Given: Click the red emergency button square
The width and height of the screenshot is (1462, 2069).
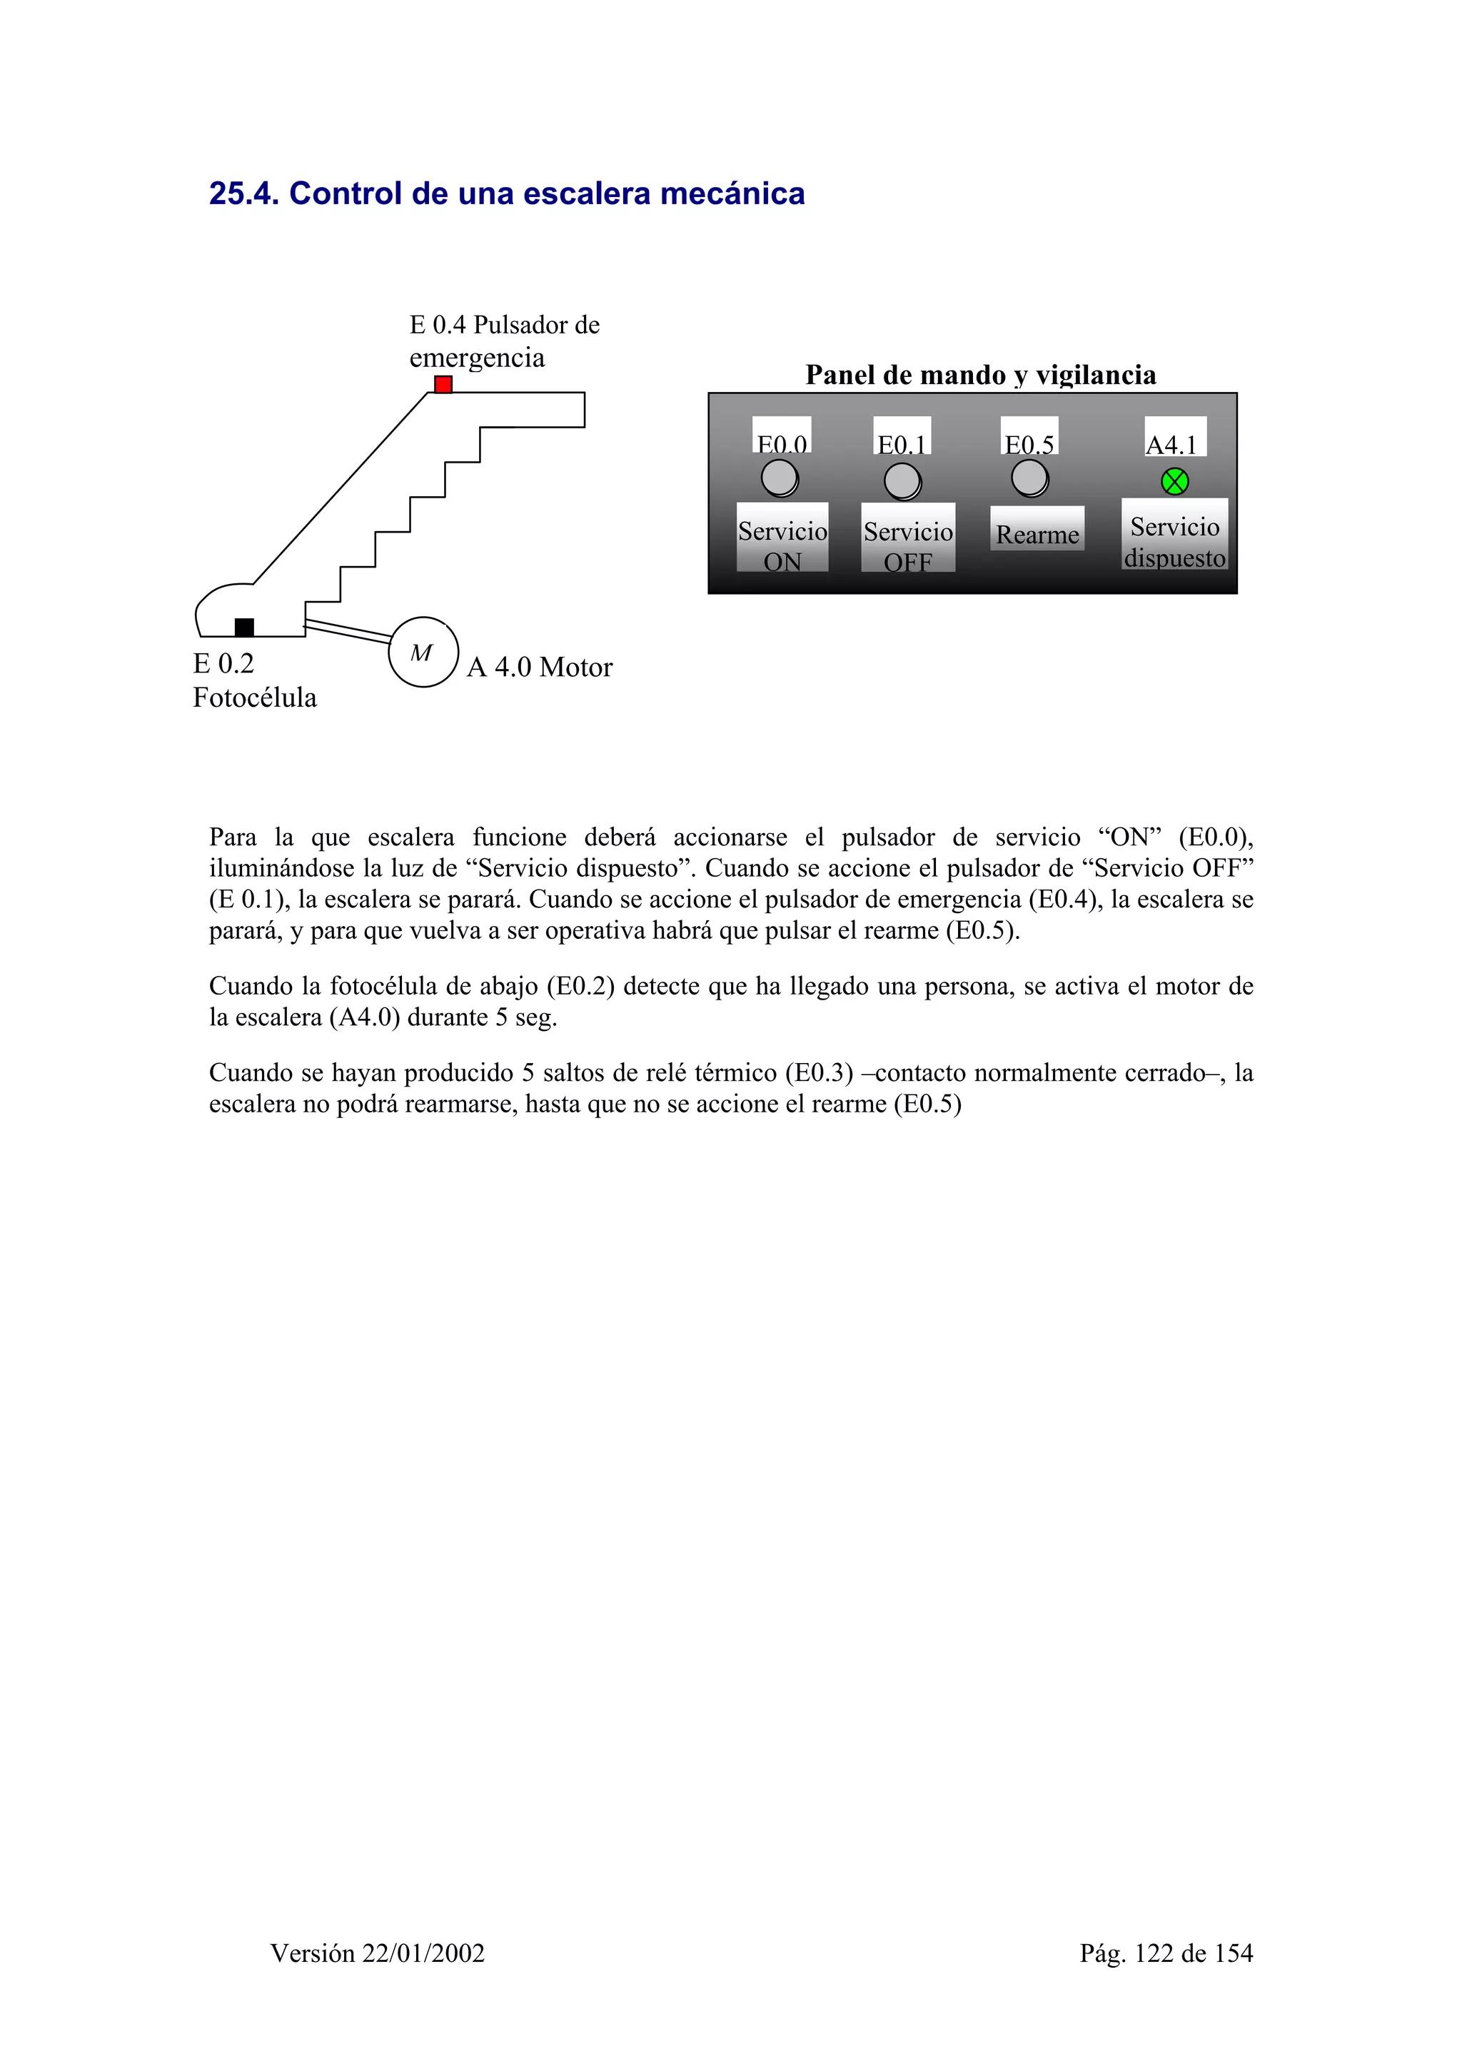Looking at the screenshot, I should [x=443, y=385].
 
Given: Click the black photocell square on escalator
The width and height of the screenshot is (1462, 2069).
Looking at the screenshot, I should [x=244, y=627].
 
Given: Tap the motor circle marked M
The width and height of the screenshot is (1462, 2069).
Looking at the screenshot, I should [x=423, y=653].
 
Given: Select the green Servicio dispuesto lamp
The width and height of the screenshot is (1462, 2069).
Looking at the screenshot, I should [x=1174, y=482].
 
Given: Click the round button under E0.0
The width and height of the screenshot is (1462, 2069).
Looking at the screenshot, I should [x=780, y=478].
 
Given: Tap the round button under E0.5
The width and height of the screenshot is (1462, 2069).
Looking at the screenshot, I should [x=1029, y=478].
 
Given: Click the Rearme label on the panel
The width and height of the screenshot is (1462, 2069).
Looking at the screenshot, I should [x=1037, y=534].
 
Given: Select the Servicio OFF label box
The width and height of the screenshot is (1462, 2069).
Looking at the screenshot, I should [x=908, y=545].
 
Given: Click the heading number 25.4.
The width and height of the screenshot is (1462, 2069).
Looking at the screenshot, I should [x=244, y=193].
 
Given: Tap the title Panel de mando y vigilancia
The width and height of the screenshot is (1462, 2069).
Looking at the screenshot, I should [x=980, y=375].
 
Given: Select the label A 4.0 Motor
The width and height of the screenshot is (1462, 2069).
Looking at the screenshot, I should [x=540, y=668].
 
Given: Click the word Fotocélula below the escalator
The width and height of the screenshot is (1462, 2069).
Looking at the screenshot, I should [x=255, y=698].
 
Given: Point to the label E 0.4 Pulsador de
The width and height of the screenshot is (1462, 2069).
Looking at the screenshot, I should [x=505, y=326].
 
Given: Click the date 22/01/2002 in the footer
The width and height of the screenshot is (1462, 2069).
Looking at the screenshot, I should [x=423, y=1953].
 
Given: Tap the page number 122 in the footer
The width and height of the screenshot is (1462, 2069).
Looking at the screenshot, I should [x=1154, y=1953].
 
